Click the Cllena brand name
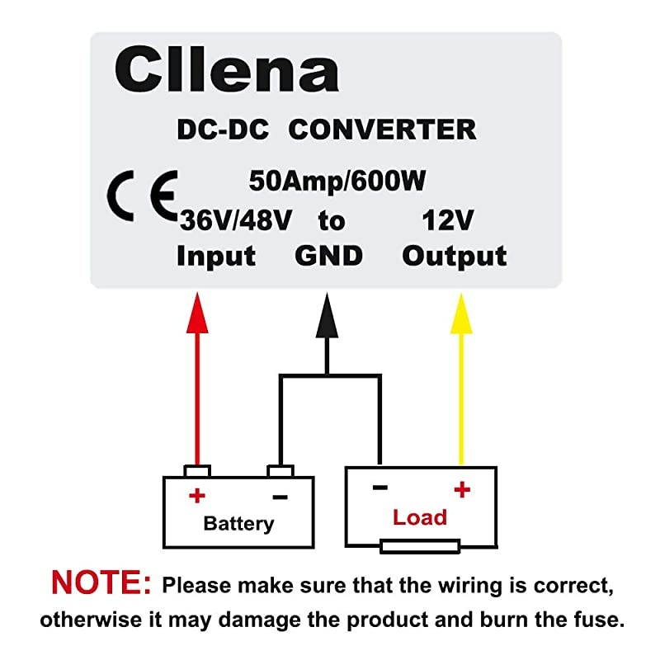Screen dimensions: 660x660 [227, 69]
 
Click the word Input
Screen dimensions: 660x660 [216, 256]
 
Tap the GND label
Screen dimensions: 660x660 [328, 256]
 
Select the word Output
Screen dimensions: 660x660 [455, 256]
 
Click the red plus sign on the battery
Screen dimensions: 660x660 [196, 496]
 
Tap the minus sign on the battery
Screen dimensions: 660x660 [280, 497]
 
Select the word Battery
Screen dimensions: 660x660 [238, 523]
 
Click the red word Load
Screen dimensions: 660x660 [419, 517]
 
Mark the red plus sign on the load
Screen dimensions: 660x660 [461, 489]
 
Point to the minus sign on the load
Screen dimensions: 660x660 [379, 488]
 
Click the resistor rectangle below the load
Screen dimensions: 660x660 [419, 546]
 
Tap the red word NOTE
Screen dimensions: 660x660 [101, 583]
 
